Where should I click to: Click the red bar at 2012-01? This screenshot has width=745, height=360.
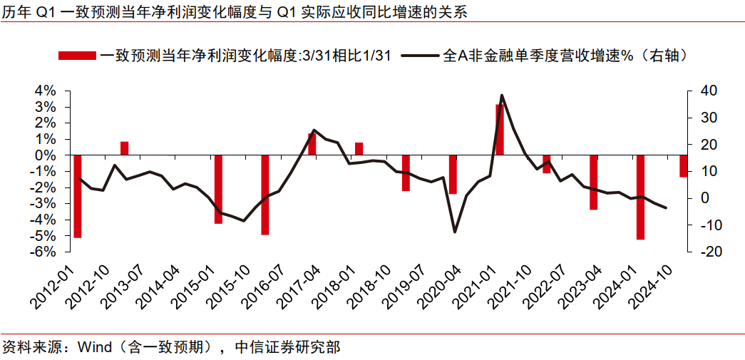[x=78, y=196]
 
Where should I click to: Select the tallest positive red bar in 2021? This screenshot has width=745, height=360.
[x=500, y=129]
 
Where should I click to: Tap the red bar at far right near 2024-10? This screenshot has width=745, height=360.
[x=683, y=166]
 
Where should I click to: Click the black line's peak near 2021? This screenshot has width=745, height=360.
[x=502, y=95]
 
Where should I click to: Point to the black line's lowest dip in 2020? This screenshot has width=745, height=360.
[x=455, y=232]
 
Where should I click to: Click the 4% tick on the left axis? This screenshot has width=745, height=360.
[x=46, y=91]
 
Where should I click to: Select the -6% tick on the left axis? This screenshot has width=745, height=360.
[x=45, y=252]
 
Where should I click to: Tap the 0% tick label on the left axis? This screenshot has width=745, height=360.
[x=46, y=155]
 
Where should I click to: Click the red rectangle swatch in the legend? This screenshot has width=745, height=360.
[x=76, y=56]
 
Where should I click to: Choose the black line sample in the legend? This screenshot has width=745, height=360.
[x=421, y=56]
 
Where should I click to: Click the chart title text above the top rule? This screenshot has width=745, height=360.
[x=235, y=13]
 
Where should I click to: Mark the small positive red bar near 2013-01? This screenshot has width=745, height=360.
[x=124, y=148]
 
